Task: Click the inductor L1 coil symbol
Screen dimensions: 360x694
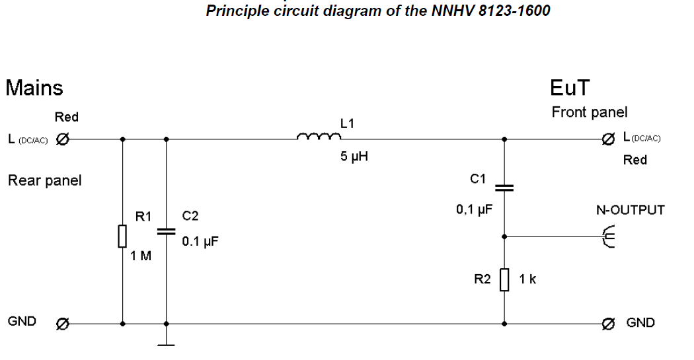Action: (x=319, y=137)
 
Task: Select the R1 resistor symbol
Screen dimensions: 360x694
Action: (x=122, y=236)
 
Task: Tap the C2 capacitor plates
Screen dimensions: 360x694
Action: (x=165, y=231)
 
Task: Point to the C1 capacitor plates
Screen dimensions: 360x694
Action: (x=504, y=187)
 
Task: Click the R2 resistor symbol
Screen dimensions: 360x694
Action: (x=504, y=279)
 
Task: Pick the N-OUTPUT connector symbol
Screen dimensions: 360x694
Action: (x=609, y=235)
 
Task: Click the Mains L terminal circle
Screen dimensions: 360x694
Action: (x=63, y=139)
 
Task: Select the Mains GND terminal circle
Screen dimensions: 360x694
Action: (x=62, y=324)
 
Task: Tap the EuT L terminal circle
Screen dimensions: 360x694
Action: (x=608, y=139)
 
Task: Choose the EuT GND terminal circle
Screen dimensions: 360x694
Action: (x=608, y=324)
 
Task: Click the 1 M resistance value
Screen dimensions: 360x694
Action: (x=141, y=256)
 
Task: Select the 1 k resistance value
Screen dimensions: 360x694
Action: (x=527, y=279)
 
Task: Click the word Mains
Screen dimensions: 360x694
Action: (x=34, y=87)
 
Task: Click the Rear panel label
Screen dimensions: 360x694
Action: (x=44, y=180)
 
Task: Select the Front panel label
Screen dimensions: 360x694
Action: (x=590, y=112)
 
